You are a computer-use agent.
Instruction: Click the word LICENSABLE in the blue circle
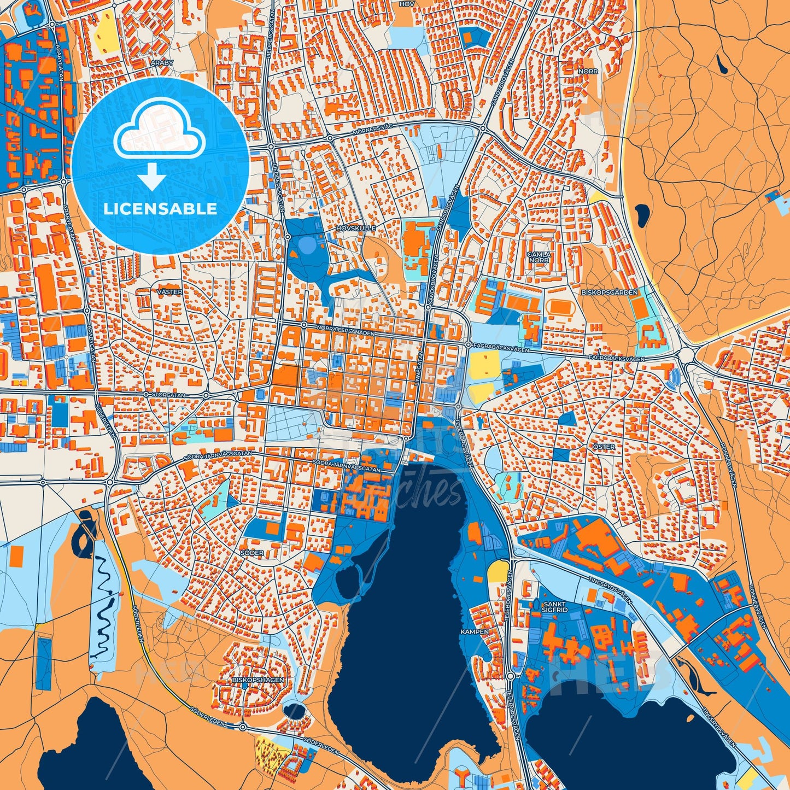pyautogui.click(x=161, y=208)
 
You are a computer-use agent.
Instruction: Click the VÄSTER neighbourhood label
pyautogui.click(x=169, y=292)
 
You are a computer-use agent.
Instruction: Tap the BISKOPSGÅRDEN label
pyautogui.click(x=617, y=292)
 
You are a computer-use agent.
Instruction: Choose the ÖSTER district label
pyautogui.click(x=604, y=447)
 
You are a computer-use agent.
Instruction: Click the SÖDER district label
pyautogui.click(x=253, y=553)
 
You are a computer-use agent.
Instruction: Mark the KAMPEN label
pyautogui.click(x=475, y=631)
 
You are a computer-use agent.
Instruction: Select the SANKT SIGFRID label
pyautogui.click(x=555, y=606)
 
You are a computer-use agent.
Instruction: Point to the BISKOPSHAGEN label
pyautogui.click(x=258, y=680)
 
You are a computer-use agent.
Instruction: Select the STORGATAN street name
pyautogui.click(x=169, y=394)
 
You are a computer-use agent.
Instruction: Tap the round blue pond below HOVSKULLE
pyautogui.click(x=307, y=244)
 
